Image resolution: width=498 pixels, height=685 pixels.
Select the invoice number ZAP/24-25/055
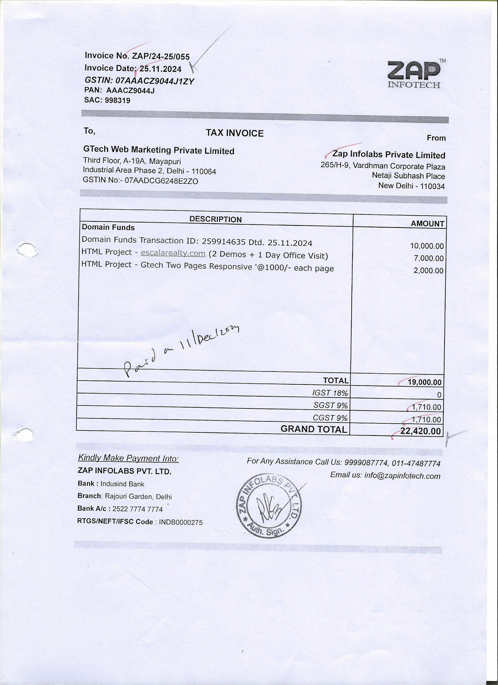[x=161, y=57]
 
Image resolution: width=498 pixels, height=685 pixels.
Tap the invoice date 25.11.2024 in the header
[x=160, y=69]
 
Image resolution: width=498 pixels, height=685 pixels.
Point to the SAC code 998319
[x=117, y=100]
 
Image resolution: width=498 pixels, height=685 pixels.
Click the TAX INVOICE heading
[x=234, y=133]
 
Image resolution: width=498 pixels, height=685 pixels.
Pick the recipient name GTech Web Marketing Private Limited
[x=158, y=150]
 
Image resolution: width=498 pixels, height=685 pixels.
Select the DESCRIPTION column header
[x=215, y=219]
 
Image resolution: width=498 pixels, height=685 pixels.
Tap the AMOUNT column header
[x=427, y=224]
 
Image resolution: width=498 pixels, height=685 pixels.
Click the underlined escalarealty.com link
[x=173, y=253]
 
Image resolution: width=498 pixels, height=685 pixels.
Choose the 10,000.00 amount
[x=427, y=246]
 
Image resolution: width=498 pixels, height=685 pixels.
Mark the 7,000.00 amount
[x=429, y=258]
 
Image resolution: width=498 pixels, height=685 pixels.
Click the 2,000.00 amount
[x=429, y=271]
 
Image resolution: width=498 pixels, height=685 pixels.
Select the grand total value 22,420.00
[x=420, y=431]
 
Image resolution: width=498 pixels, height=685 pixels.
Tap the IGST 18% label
[x=330, y=393]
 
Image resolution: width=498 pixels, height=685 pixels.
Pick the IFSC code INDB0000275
[x=180, y=522]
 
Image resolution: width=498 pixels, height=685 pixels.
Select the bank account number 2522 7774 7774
[x=137, y=509]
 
